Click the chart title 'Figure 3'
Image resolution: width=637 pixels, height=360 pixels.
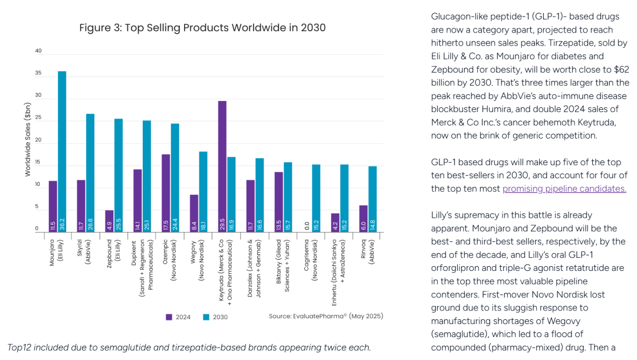point(202,28)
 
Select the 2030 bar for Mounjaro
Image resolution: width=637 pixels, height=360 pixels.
point(62,152)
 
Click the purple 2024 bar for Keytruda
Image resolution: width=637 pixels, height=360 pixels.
point(222,166)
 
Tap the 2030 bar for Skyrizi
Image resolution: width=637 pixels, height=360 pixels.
point(90,173)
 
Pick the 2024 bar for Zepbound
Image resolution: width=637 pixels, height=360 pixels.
point(109,221)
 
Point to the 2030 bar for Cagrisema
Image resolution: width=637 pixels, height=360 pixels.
point(316,198)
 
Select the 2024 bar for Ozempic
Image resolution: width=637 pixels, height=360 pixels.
point(166,194)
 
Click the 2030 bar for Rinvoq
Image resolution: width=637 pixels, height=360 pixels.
point(373,199)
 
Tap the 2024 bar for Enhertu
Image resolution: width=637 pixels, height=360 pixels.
point(335,222)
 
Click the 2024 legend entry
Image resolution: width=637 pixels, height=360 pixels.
point(178,317)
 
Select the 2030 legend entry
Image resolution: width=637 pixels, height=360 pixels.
point(215,317)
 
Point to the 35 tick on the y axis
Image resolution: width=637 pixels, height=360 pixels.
point(38,73)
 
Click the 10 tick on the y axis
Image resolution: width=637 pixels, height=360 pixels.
point(38,185)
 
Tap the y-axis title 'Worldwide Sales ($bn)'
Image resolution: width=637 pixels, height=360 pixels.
point(28,139)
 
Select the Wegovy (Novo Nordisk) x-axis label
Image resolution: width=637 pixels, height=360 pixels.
point(197,260)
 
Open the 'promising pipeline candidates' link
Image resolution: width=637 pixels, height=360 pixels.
point(564,188)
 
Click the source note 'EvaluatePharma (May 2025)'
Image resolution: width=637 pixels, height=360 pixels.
point(326,316)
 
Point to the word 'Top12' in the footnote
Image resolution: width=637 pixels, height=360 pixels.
point(19,348)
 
